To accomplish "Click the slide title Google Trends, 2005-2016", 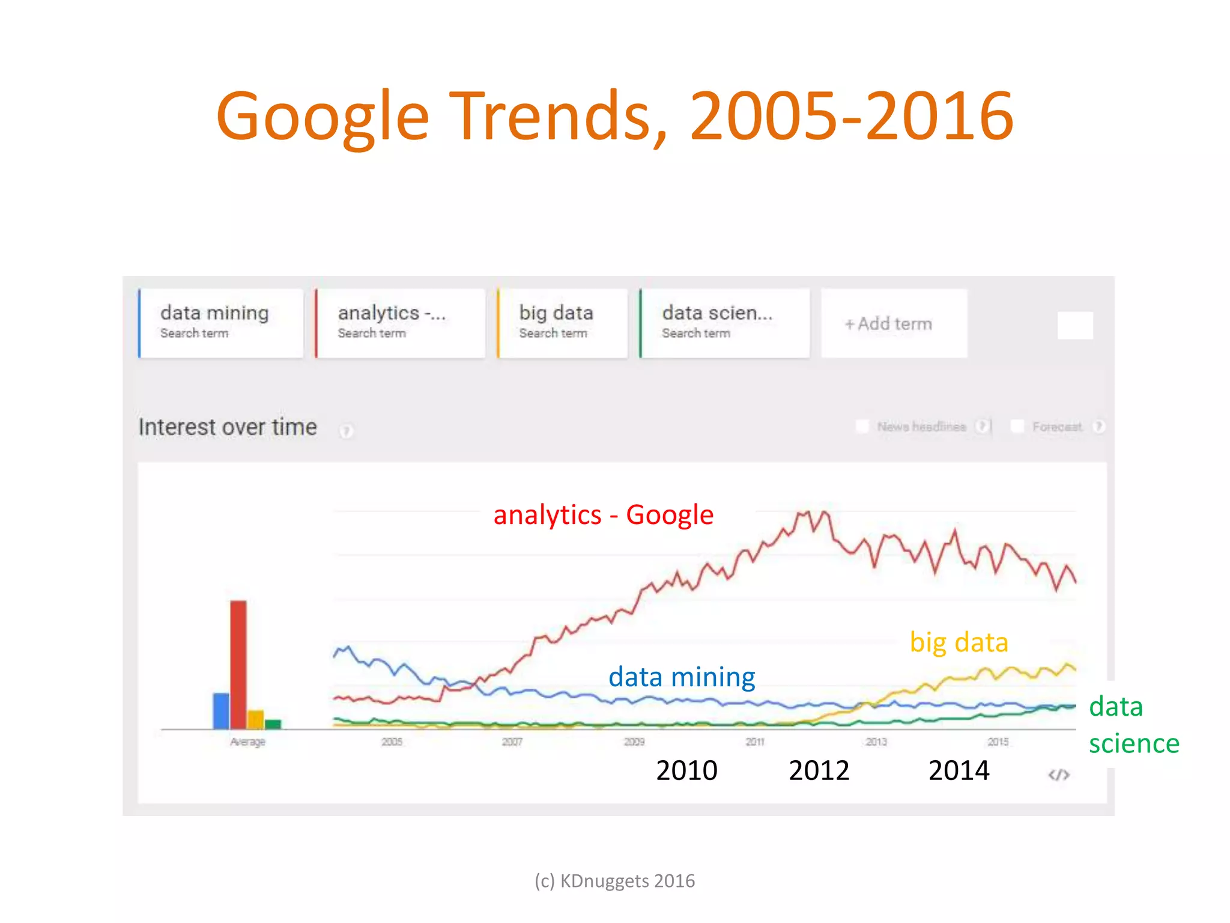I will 615,115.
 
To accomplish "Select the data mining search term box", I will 220,323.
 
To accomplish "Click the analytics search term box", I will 399,323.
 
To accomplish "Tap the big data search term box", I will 562,323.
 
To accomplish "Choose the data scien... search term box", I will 724,323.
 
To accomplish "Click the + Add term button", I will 893,324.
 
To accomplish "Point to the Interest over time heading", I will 228,427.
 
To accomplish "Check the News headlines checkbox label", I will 921,427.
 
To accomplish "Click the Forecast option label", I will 1056,427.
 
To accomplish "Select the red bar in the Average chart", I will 238,664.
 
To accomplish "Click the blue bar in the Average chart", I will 221,711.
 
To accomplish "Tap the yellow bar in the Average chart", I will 256,719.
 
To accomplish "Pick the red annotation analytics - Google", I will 603,515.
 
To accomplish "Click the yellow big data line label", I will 959,642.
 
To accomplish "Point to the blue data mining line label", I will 682,677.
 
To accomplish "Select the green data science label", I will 1133,725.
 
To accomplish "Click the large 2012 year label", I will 819,770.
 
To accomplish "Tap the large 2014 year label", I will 959,770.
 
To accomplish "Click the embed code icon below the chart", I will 1058,775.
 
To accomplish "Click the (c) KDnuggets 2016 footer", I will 614,881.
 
